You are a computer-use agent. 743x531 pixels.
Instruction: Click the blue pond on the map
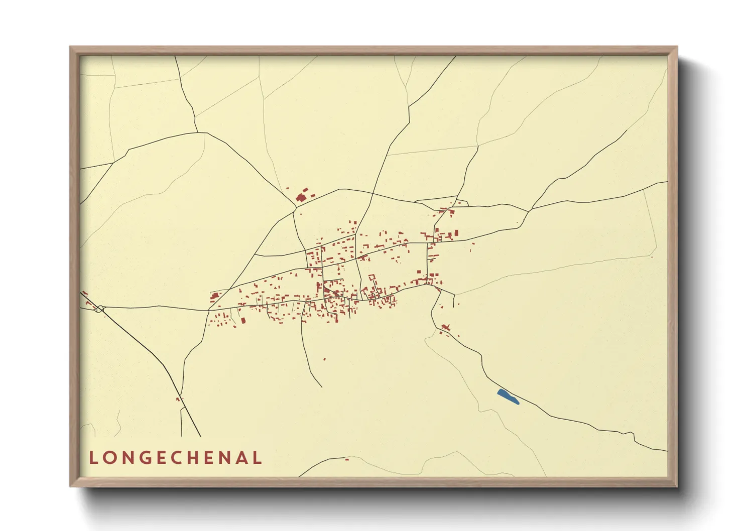coord(508,397)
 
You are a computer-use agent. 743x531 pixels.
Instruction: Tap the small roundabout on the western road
coord(100,309)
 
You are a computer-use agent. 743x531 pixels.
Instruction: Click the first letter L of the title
coord(93,458)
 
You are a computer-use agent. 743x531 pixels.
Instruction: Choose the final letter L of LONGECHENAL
coord(258,458)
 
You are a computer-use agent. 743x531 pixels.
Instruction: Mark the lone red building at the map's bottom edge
coord(346,459)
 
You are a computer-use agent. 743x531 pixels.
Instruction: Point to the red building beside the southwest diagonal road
coord(177,400)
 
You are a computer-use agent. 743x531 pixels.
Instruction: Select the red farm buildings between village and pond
coord(445,328)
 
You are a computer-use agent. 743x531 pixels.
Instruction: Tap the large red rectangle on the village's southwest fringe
coord(243,320)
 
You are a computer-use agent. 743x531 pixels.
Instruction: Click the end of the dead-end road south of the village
coord(321,386)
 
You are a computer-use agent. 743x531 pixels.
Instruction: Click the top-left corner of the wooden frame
coord(70,47)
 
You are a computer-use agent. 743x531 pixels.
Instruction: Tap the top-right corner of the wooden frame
coord(677,47)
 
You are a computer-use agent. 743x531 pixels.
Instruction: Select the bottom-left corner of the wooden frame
coord(70,486)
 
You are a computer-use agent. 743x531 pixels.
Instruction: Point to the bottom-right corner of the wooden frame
coord(677,486)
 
